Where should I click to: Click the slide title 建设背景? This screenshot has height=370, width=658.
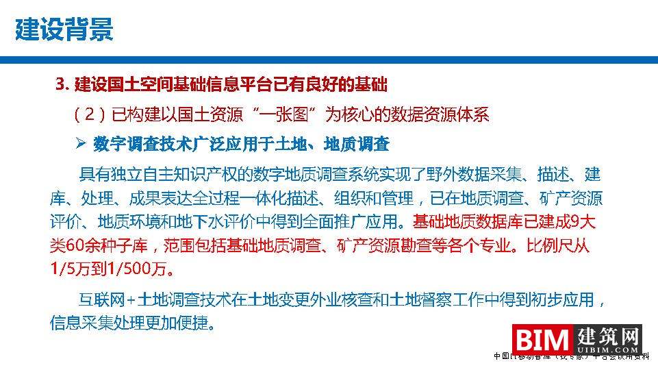click(x=64, y=29)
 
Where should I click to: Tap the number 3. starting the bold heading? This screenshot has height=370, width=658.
click(x=63, y=85)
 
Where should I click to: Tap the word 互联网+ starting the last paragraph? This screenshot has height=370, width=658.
click(x=108, y=299)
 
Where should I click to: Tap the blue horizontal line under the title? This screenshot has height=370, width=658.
click(x=329, y=61)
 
